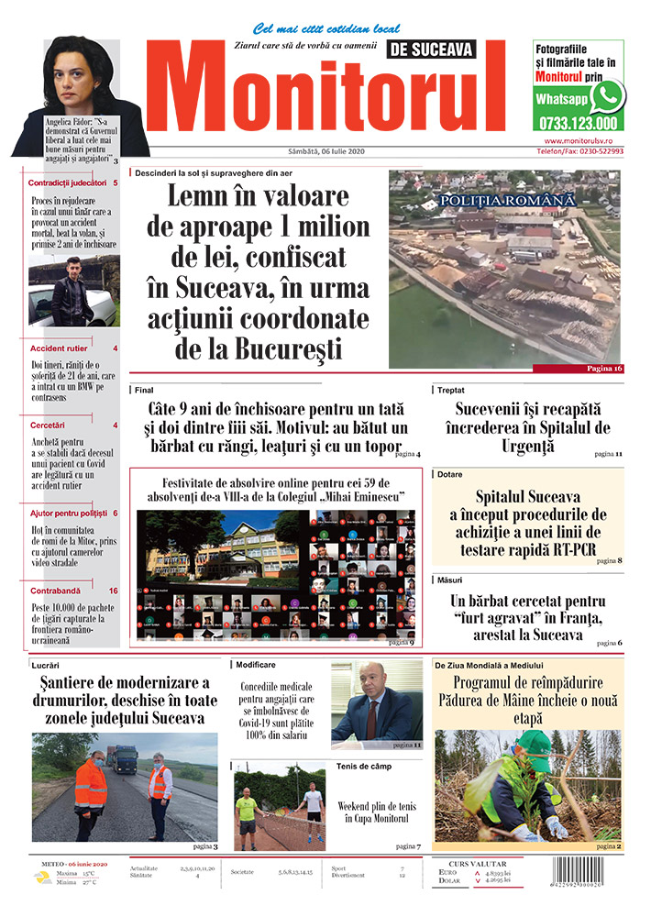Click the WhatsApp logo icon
[x=606, y=95]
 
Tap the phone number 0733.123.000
[x=578, y=122]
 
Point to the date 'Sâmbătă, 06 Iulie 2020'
[x=313, y=152]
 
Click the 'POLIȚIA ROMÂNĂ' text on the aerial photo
[x=506, y=199]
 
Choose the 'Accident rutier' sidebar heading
[x=60, y=349]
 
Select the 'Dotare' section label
[x=450, y=475]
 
